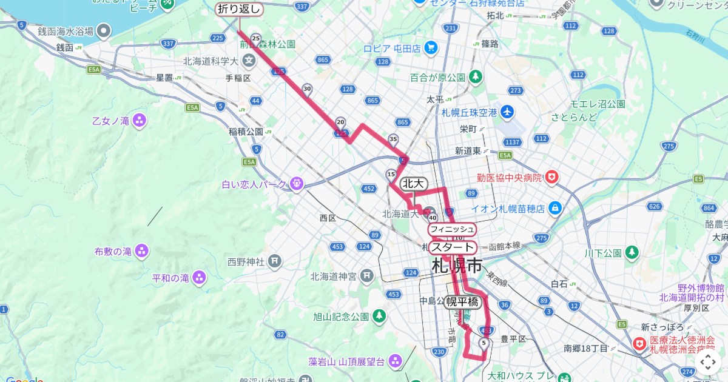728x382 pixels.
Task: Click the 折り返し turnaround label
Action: pos(239,9)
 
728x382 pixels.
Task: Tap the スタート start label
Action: pos(452,247)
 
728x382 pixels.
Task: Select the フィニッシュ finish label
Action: pos(451,229)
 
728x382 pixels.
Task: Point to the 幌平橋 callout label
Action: pos(463,302)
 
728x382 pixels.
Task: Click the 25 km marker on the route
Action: pos(255,39)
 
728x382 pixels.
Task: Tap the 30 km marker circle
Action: pos(307,89)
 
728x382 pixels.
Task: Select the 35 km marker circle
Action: pos(393,139)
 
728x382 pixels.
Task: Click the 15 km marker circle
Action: pos(391,174)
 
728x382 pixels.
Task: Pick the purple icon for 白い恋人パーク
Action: pos(296,182)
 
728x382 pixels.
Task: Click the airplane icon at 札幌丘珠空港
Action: pos(507,112)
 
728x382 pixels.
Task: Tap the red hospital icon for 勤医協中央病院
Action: pos(551,177)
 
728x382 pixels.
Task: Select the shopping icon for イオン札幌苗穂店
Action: pos(554,209)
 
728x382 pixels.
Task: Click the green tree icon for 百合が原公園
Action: pos(476,77)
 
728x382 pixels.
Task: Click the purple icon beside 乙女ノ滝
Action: pos(140,120)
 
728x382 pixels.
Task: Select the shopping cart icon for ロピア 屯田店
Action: pos(430,47)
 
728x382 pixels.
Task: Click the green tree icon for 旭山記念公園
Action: pos(379,316)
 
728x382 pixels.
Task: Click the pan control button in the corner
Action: pos(708,363)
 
